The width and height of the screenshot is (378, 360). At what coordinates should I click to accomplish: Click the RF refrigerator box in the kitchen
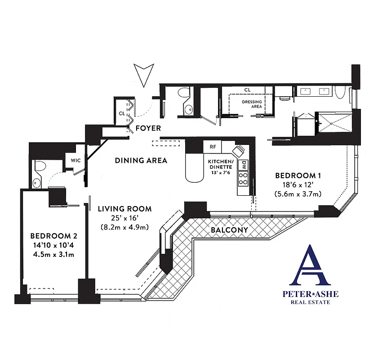(213, 147)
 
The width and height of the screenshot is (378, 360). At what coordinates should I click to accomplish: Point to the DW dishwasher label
(244, 165)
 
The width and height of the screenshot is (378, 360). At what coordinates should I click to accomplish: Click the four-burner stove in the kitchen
(243, 179)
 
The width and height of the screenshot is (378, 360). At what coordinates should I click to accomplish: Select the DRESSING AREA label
(252, 104)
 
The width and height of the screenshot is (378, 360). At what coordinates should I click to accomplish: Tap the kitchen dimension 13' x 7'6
(220, 173)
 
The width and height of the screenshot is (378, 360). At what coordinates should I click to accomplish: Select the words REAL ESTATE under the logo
(311, 302)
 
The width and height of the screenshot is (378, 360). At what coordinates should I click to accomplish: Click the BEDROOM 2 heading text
(51, 236)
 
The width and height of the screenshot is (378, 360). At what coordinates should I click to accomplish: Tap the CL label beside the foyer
(122, 113)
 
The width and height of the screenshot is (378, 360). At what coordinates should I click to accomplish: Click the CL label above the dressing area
(247, 90)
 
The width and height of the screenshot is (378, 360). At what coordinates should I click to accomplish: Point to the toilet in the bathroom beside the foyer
(183, 93)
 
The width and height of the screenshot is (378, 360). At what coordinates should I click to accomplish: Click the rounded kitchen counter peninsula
(195, 169)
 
